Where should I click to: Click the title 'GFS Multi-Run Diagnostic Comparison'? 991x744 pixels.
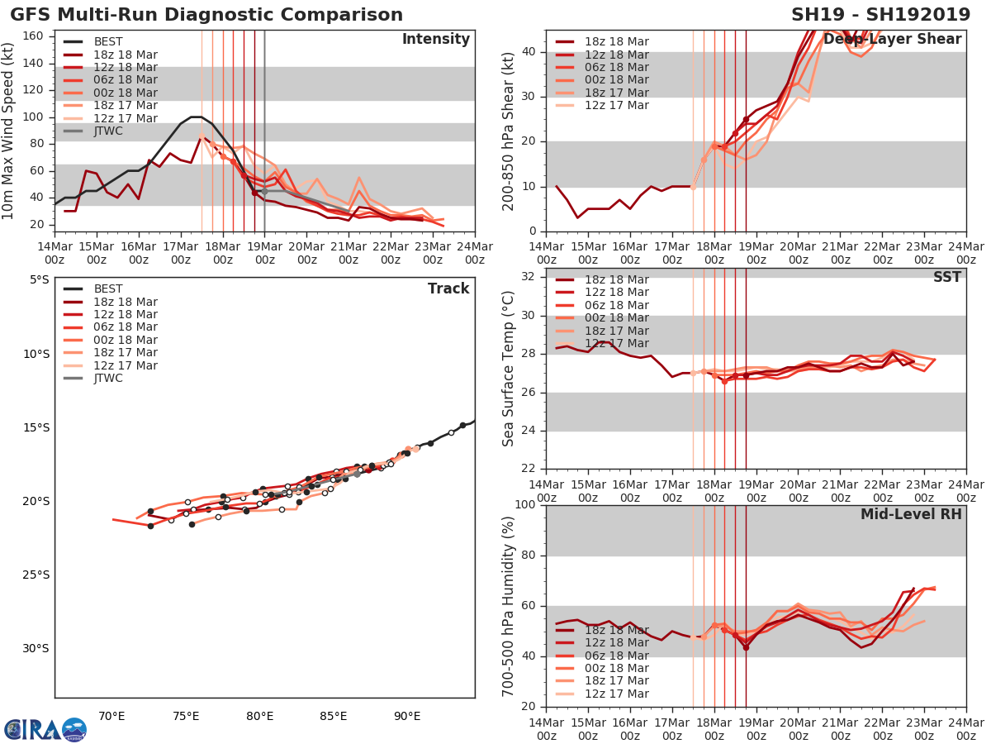206,15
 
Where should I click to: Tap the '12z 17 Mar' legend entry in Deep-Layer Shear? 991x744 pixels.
616,106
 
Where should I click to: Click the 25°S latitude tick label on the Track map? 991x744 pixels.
36,575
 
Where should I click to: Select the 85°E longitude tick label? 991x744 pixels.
333,716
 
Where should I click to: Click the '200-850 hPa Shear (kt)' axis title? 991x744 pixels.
510,131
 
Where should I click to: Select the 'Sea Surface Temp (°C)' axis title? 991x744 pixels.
510,369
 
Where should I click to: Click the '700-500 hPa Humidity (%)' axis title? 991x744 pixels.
510,606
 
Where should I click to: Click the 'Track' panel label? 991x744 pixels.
448,289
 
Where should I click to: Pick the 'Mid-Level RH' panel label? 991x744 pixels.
911,514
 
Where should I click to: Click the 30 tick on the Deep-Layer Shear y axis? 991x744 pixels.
532,97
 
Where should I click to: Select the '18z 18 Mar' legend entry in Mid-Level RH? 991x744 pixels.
616,630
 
